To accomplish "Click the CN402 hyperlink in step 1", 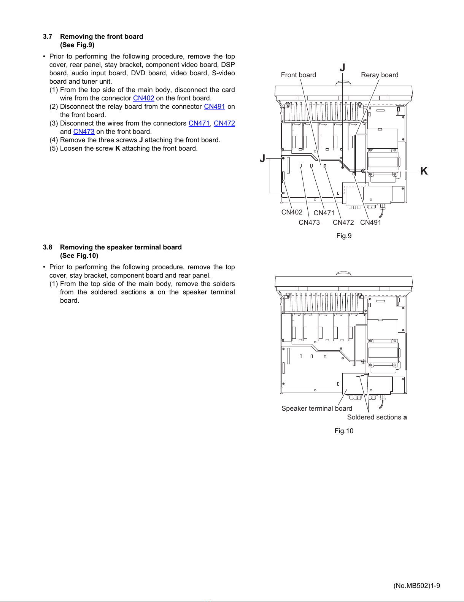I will coord(143,98).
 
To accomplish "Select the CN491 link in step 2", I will coord(215,106).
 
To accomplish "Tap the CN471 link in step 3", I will coord(199,123).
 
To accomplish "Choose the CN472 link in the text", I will coord(224,123).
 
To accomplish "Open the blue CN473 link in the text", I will coord(84,132).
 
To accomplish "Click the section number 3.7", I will coord(48,37).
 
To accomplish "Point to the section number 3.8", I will coord(48,247).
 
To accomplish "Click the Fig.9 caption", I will coord(344,236).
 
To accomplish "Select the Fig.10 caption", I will coord(344,431).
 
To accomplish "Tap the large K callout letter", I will coord(424,171).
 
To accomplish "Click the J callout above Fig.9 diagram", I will coord(342,68).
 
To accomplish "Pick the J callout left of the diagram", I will coord(262,158).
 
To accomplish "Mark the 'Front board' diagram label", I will coord(298,75).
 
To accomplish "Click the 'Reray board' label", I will coord(380,75).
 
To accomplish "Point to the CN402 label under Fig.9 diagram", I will coord(292,212).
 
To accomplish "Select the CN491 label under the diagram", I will coord(370,222).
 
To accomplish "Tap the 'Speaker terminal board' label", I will coord(317,408).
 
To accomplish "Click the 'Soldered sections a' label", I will coord(377,417).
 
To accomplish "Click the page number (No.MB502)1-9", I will coord(416,586).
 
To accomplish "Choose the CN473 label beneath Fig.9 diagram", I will coord(309,222).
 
